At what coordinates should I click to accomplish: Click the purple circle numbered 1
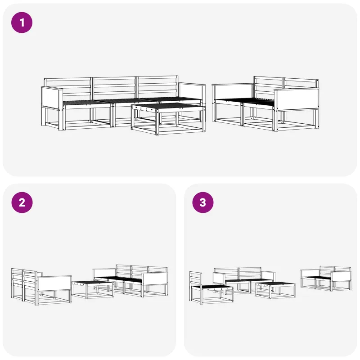click(22, 22)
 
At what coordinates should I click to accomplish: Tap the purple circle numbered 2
click(22, 202)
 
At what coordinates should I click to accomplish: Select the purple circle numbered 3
click(203, 202)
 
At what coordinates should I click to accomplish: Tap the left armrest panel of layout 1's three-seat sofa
click(52, 99)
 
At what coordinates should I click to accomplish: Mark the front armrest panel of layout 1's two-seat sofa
click(297, 99)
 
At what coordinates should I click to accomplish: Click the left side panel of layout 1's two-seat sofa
click(233, 91)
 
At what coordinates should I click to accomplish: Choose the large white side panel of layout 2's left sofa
click(54, 283)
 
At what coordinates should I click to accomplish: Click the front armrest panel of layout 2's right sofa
click(154, 279)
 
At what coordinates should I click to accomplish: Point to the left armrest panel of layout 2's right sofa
click(105, 273)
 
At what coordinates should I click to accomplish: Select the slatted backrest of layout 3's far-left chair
click(196, 279)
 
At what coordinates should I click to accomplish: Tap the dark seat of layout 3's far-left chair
click(212, 287)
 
